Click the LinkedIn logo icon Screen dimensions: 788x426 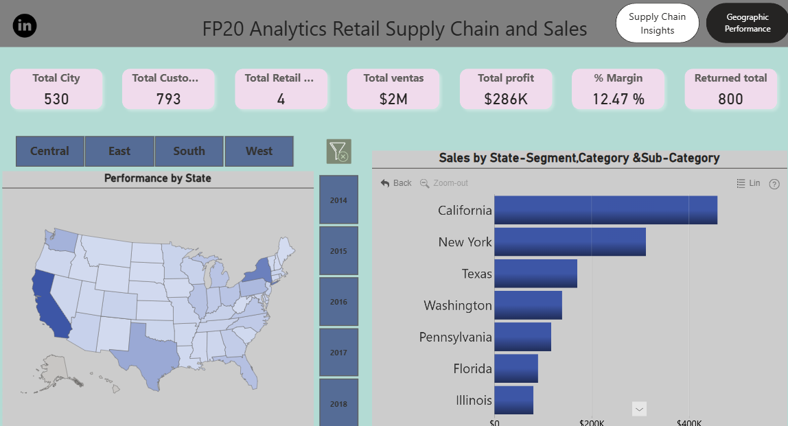(x=25, y=25)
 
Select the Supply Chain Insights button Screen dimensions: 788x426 (x=657, y=23)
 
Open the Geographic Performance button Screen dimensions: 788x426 (x=748, y=23)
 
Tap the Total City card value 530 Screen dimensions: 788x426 (x=56, y=99)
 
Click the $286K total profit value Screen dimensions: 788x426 (x=506, y=99)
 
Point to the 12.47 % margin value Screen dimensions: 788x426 (x=618, y=99)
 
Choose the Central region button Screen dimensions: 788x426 (x=49, y=151)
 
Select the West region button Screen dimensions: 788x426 (x=259, y=151)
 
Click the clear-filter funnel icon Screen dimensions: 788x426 (x=338, y=151)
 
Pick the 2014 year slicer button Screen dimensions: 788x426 (x=338, y=200)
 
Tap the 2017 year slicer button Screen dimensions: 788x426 (x=338, y=353)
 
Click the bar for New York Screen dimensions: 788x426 (x=570, y=241)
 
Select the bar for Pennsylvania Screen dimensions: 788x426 (x=522, y=337)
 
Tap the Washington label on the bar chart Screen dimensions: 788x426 (x=457, y=305)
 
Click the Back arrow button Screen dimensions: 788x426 (x=396, y=183)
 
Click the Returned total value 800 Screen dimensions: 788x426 (x=730, y=99)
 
